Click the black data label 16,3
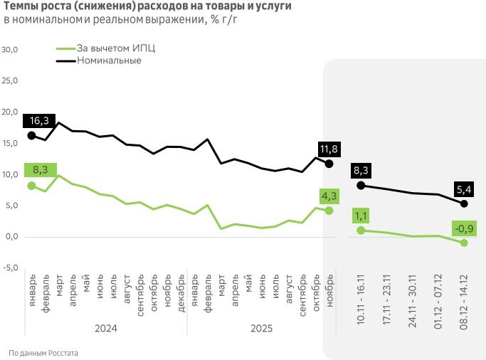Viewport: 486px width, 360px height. click(x=36, y=121)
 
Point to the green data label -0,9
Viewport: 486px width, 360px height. click(x=465, y=228)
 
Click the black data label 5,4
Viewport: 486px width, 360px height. click(x=464, y=190)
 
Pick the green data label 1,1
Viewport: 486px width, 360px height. click(x=361, y=215)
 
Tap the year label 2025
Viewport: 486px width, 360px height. click(x=262, y=329)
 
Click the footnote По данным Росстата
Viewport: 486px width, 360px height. click(x=43, y=353)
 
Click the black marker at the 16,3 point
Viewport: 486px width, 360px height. click(x=31, y=135)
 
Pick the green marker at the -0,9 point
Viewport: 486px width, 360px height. click(x=464, y=243)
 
